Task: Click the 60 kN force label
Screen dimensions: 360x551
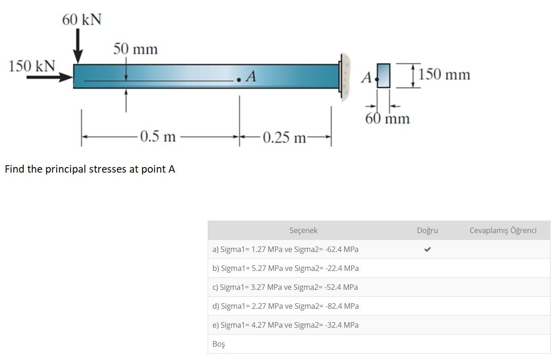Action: (82, 20)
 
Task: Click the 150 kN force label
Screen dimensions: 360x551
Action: (31, 66)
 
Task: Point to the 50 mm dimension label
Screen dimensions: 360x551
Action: (136, 49)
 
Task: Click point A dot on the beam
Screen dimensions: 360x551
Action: (239, 80)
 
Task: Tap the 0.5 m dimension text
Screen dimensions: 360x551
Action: (158, 137)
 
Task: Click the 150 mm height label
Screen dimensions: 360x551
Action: (445, 74)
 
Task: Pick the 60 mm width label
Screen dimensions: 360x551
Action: (387, 119)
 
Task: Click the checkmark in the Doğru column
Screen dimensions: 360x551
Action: (427, 249)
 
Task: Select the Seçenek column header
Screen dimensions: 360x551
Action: (303, 230)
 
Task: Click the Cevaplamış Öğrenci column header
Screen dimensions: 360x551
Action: (503, 230)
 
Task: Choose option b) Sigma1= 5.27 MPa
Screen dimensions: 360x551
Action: (285, 268)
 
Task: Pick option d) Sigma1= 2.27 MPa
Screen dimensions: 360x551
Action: (285, 306)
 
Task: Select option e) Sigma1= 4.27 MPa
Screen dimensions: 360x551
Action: (285, 325)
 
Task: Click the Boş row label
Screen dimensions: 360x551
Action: (219, 344)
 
